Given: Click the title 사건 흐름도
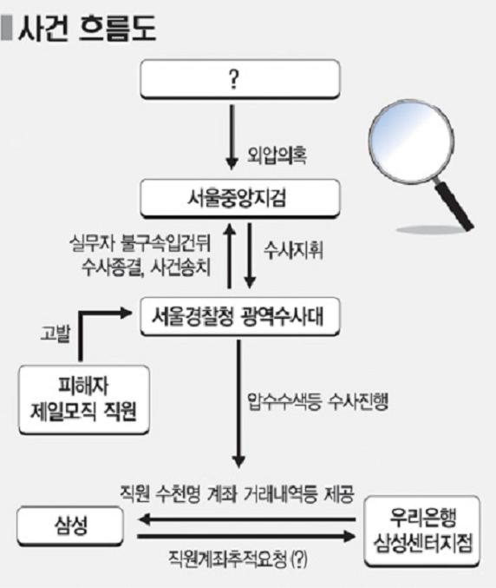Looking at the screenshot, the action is (87, 28).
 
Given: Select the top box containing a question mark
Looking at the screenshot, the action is (240, 79).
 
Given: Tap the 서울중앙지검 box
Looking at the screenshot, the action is (240, 198).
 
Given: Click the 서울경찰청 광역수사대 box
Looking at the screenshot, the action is (240, 316).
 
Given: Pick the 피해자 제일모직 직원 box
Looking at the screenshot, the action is (84, 400).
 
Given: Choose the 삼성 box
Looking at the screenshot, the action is (70, 525).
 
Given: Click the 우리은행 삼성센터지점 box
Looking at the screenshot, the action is (422, 531).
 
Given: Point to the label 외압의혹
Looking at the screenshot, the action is (277, 155).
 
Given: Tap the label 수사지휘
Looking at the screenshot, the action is (293, 250).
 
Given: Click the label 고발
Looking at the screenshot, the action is (55, 333).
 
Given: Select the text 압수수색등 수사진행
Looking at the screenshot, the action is (317, 402).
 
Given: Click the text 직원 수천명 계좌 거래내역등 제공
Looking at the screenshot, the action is (237, 494).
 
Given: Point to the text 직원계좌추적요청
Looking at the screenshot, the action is (229, 559).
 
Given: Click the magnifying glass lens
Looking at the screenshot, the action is (410, 141).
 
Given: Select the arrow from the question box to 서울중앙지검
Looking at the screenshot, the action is (232, 137).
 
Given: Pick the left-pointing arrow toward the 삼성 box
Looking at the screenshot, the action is (246, 519).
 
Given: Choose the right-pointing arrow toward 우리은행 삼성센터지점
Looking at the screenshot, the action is (246, 536).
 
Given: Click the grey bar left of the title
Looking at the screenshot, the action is (6, 28).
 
